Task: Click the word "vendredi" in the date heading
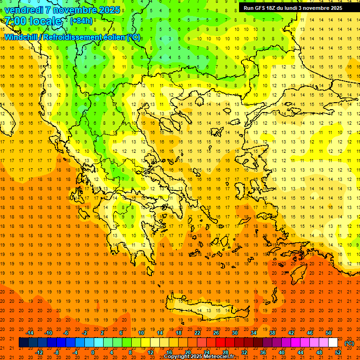(24, 10)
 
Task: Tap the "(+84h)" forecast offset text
(81, 21)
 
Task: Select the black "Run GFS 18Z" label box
(292, 7)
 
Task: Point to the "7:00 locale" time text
(33, 21)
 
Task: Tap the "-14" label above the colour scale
(30, 333)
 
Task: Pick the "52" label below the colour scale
(338, 352)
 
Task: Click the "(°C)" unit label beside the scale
(349, 343)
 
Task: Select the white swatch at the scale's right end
(333, 343)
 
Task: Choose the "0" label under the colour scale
(93, 352)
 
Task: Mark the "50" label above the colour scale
(329, 333)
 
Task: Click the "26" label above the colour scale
(216, 333)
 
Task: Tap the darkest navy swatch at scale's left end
(23, 343)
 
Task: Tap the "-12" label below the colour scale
(39, 352)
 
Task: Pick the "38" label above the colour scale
(272, 333)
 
